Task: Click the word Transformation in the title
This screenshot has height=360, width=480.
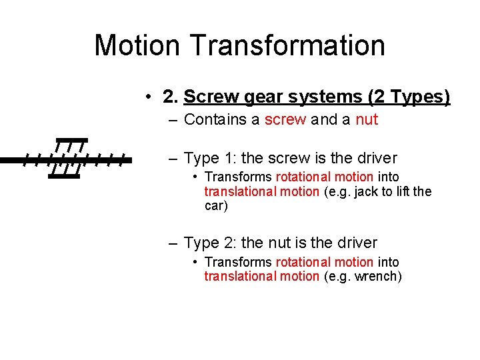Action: pyautogui.click(x=287, y=45)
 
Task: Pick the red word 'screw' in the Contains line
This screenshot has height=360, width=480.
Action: pyautogui.click(x=285, y=120)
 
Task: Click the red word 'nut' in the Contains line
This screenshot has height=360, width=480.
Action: pyautogui.click(x=367, y=120)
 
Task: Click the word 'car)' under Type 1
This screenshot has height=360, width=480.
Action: pyautogui.click(x=216, y=206)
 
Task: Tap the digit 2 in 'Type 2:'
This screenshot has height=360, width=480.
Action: pyautogui.click(x=227, y=243)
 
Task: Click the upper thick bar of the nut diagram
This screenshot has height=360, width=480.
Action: pyautogui.click(x=71, y=141)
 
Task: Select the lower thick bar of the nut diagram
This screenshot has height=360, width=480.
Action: pyautogui.click(x=64, y=177)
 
